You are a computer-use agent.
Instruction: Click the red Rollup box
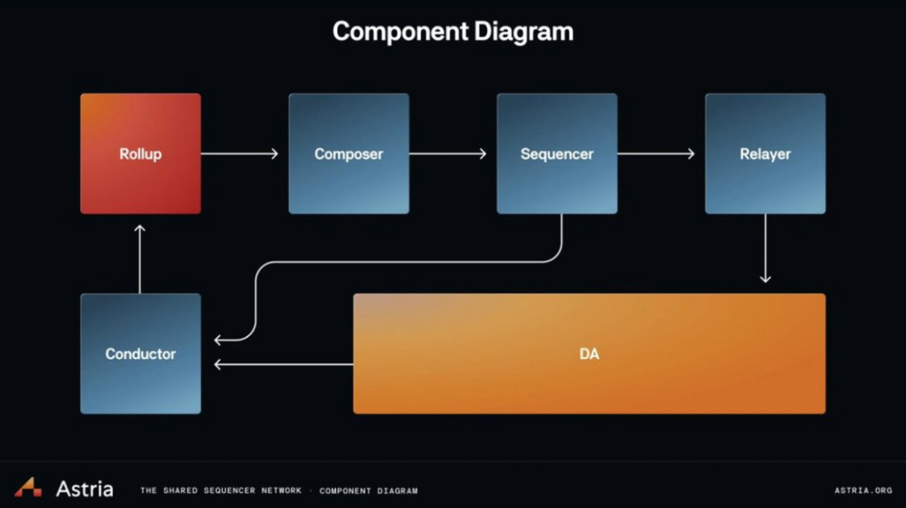tap(140, 154)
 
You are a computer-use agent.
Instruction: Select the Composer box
tap(349, 154)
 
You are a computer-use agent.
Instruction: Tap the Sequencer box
tap(557, 154)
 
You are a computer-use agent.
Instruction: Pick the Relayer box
tap(765, 154)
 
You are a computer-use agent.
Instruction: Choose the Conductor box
tap(140, 353)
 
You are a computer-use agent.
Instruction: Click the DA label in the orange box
tap(590, 353)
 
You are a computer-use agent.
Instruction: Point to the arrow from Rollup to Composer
tap(240, 154)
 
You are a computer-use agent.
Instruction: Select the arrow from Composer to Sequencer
tap(448, 154)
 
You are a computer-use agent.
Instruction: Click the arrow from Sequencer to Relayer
tap(655, 154)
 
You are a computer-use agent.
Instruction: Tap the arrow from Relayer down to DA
tap(765, 248)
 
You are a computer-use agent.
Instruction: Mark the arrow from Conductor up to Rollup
tap(139, 260)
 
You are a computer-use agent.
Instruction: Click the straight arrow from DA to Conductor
tap(284, 364)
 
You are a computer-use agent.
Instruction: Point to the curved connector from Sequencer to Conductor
tap(404, 262)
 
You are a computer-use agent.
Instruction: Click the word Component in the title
tap(400, 32)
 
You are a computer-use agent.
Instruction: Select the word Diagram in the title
tap(524, 32)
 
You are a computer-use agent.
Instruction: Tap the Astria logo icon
tap(28, 487)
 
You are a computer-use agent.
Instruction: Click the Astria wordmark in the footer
tap(84, 489)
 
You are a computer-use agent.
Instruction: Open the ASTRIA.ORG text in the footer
tap(863, 490)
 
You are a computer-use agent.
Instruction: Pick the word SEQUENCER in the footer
tap(230, 490)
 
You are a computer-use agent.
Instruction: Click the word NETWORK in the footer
tap(281, 490)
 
